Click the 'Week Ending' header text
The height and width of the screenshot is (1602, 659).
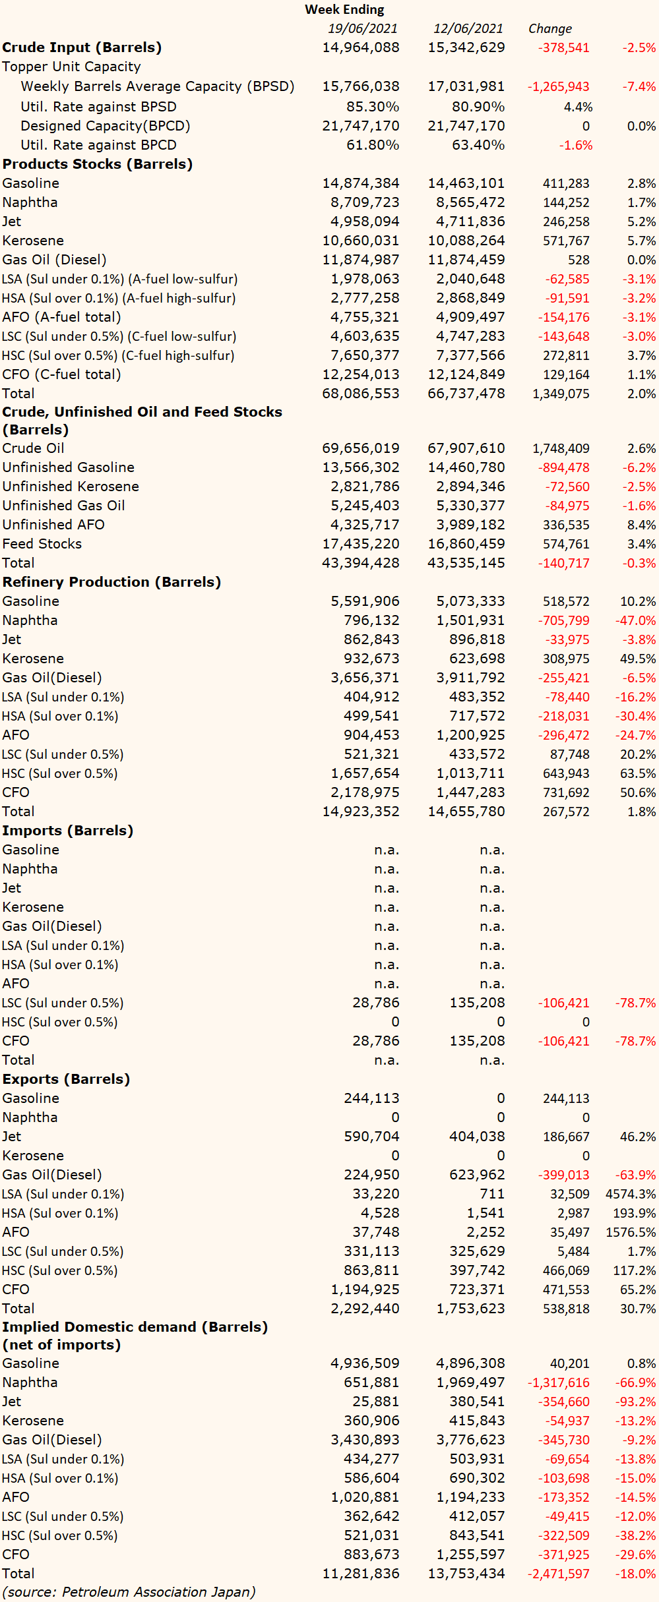[x=344, y=9]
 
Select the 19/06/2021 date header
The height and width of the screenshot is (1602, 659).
[x=363, y=28]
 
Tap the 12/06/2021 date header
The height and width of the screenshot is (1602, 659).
[x=468, y=28]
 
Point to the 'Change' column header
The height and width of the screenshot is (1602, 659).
[x=550, y=28]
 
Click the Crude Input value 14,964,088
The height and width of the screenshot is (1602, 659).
[x=361, y=47]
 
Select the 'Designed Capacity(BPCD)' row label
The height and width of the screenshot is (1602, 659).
[x=106, y=126]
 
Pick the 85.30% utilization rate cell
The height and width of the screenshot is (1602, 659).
[x=373, y=107]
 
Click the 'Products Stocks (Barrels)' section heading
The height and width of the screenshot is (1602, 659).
[x=98, y=164]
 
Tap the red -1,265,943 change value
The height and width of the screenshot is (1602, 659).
[x=558, y=87]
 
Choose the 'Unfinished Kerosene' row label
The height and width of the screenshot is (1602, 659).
[x=71, y=487]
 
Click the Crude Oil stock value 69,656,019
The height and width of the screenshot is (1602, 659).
[x=361, y=448]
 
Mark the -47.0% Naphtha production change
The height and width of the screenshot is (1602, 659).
[x=635, y=620]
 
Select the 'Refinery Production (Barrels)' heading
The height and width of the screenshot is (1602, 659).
[x=111, y=582]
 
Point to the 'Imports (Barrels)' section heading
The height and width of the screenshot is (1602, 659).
[x=68, y=831]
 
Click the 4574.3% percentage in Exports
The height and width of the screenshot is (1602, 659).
[x=631, y=1194]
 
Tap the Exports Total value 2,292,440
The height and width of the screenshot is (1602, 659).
[x=365, y=1309]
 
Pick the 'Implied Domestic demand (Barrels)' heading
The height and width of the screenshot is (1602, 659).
[x=135, y=1327]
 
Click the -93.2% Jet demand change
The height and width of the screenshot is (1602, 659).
[x=635, y=1402]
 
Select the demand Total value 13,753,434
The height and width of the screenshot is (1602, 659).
[x=466, y=1574]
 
